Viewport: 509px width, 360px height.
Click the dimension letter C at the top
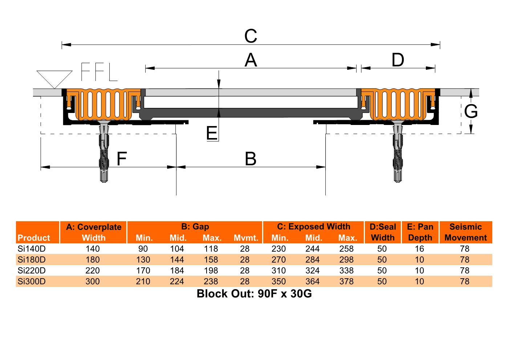click(x=251, y=36)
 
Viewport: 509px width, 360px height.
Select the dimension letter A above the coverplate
click(x=251, y=60)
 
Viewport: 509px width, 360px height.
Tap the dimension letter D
click(x=398, y=60)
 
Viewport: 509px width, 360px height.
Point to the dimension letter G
click(x=471, y=112)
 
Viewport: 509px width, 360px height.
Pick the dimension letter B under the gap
click(x=251, y=159)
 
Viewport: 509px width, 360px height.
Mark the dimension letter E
click(x=212, y=133)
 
